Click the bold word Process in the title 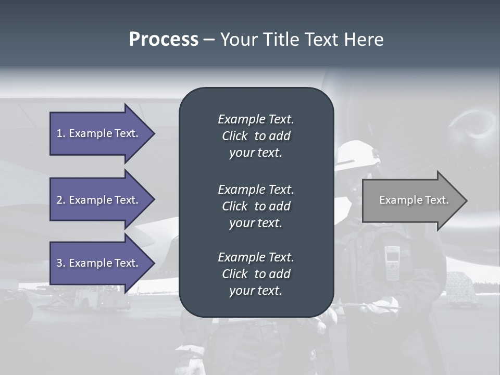pos(164,40)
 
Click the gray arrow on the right pos(411,201)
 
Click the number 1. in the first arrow pos(61,133)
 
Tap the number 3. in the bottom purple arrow pos(61,263)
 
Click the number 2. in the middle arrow pos(61,200)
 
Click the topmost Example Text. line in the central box pos(256,119)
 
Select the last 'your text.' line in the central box pos(256,291)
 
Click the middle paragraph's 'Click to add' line pos(256,206)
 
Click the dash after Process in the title pos(209,40)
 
